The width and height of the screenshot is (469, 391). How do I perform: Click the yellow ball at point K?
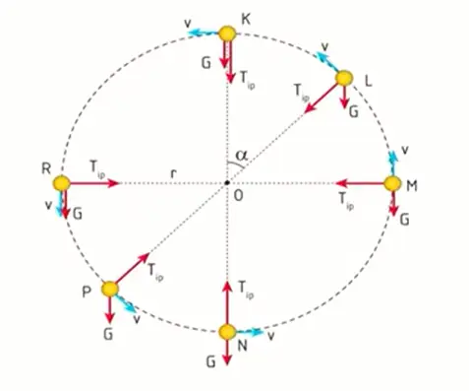(x=227, y=35)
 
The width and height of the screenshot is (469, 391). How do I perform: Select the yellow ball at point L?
(x=343, y=78)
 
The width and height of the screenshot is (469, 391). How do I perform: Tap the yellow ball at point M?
(x=392, y=183)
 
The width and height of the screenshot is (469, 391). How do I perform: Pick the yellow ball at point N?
(x=227, y=332)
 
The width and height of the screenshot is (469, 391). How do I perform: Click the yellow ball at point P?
(x=109, y=289)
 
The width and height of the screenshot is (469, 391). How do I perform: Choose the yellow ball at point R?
(x=62, y=183)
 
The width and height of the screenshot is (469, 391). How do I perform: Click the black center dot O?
(x=227, y=183)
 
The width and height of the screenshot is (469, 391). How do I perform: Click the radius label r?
(x=173, y=173)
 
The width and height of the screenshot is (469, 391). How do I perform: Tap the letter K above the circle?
(x=246, y=18)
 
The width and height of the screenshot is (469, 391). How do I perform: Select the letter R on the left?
(x=46, y=168)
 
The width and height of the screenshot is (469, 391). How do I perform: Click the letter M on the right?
(x=412, y=185)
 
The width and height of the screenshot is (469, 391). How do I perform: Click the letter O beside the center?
(x=238, y=197)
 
